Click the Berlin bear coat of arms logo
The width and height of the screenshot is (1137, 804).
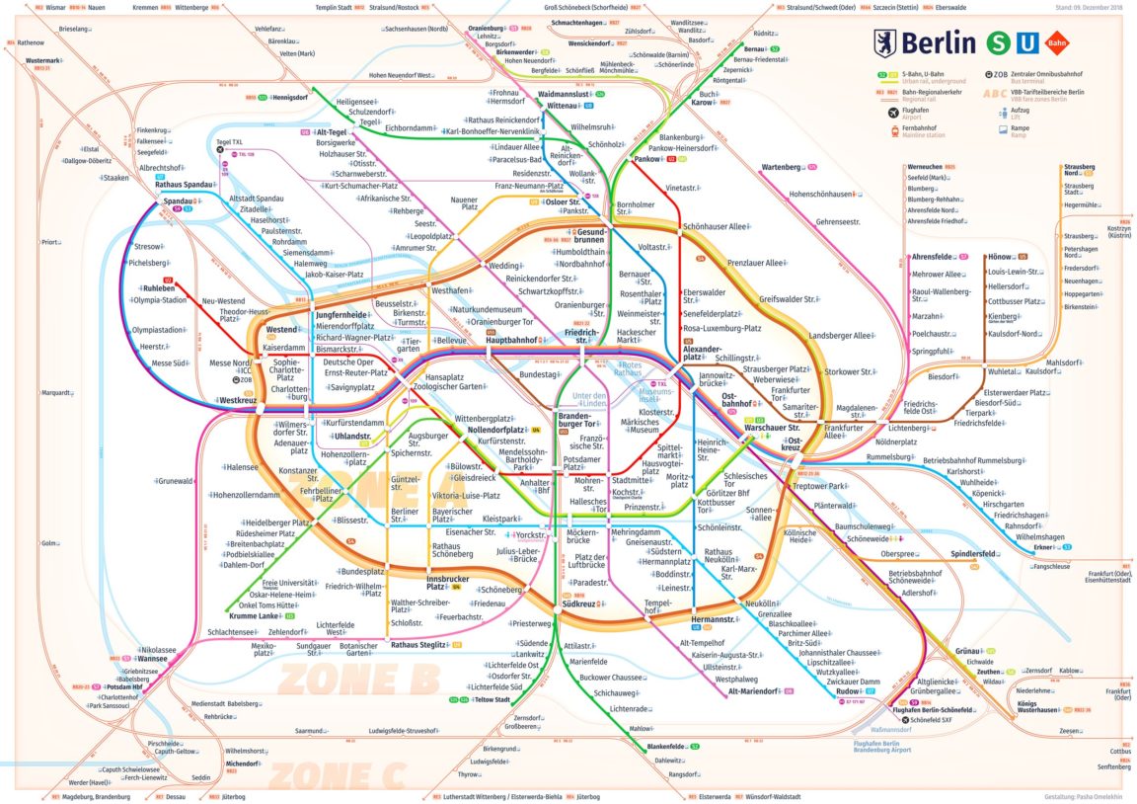(x=885, y=42)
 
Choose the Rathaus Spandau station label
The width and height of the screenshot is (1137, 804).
(x=184, y=185)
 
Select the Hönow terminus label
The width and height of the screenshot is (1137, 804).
(x=1000, y=256)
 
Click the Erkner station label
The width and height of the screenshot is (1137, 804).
(x=1043, y=547)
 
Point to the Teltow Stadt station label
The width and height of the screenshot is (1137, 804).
(x=491, y=699)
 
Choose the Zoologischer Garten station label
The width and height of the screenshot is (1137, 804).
(x=455, y=386)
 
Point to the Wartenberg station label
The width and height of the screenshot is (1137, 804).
(x=780, y=167)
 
